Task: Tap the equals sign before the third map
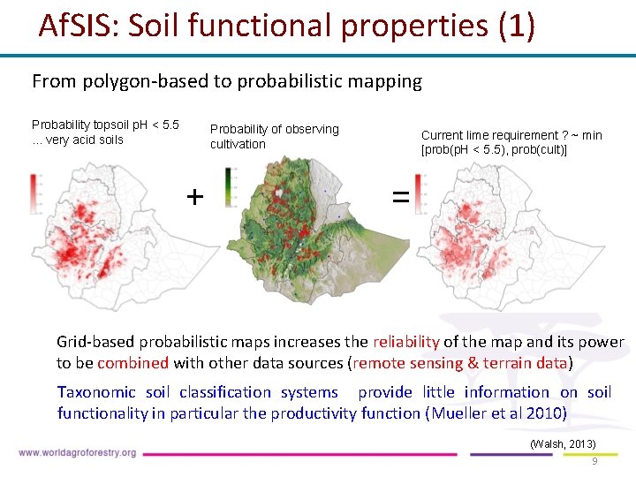[400, 198]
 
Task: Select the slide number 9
[594, 461]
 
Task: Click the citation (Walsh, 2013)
[563, 443]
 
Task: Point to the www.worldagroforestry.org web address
[77, 453]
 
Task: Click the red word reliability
[406, 342]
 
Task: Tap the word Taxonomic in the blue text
[97, 392]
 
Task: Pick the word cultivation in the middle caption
[238, 144]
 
